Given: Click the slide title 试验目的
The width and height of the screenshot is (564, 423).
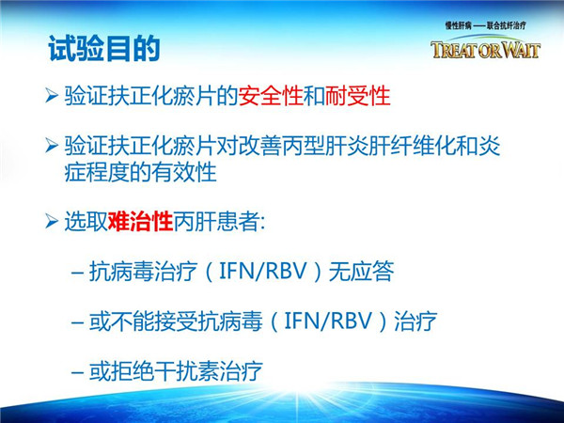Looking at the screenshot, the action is click(104, 49).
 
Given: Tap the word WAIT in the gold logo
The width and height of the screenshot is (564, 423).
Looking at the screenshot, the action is click(521, 50).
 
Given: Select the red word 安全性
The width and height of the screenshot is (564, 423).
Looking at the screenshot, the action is click(271, 96).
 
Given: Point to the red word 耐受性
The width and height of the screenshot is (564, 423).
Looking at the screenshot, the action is click(357, 96).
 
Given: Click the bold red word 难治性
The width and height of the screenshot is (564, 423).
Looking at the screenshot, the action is click(140, 221).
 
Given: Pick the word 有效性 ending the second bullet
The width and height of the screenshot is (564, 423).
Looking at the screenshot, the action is click(184, 172).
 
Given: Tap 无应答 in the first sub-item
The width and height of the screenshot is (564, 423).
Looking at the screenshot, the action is click(362, 271).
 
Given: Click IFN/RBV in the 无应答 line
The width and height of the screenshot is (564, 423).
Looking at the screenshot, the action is click(263, 271).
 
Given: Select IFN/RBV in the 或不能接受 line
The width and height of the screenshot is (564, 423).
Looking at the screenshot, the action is click(328, 321).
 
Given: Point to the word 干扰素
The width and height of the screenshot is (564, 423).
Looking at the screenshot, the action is click(187, 371).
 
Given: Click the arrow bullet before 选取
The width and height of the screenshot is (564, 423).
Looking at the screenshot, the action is click(52, 221).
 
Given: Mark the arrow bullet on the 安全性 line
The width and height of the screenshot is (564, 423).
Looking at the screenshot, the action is click(52, 96).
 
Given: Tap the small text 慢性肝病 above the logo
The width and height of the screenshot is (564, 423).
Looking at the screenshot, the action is click(458, 25).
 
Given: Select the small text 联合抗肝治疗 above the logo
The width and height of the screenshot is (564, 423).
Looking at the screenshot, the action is click(507, 25).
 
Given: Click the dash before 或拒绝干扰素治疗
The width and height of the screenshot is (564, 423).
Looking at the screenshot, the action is click(78, 372).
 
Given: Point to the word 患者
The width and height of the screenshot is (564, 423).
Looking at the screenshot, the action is click(238, 221).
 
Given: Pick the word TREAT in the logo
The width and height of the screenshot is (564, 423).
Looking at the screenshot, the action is click(454, 50).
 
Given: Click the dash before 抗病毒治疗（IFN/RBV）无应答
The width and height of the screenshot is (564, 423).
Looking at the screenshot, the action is click(78, 272).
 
